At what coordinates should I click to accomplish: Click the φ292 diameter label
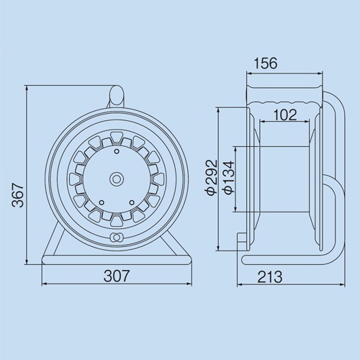[x=210, y=179]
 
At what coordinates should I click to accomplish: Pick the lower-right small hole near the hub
[x=130, y=202]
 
